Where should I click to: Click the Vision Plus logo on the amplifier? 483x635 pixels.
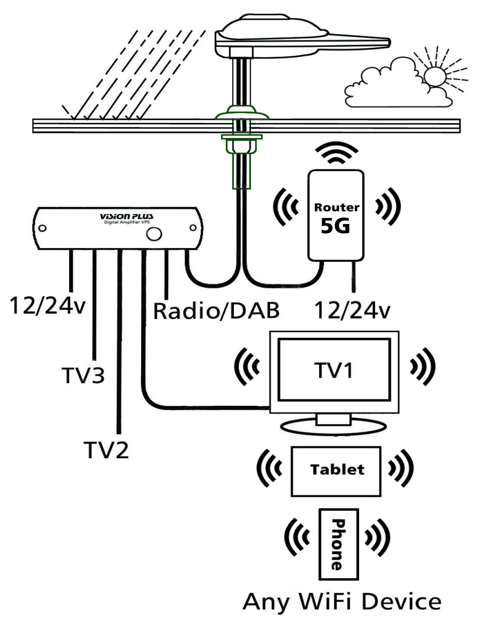point(126,216)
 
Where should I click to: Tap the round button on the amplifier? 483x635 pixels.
point(154,234)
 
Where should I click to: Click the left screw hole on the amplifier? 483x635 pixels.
point(42,228)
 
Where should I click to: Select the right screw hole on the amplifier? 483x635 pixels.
point(193,227)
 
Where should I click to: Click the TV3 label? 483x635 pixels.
point(83,375)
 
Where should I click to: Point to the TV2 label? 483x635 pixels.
point(106,450)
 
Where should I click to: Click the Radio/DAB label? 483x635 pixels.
point(216,311)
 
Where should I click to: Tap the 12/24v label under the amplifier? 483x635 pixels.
point(47,306)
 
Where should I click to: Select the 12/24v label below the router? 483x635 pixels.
point(352,310)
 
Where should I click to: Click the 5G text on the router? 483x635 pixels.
point(335,226)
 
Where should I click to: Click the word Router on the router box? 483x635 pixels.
point(336,207)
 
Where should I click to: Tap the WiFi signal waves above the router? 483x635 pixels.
point(336,153)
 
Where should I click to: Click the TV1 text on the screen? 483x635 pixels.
point(334,370)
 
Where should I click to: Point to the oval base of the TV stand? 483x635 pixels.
point(333,427)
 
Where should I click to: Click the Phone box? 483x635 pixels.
point(338,544)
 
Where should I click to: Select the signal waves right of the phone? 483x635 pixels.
point(377,537)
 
